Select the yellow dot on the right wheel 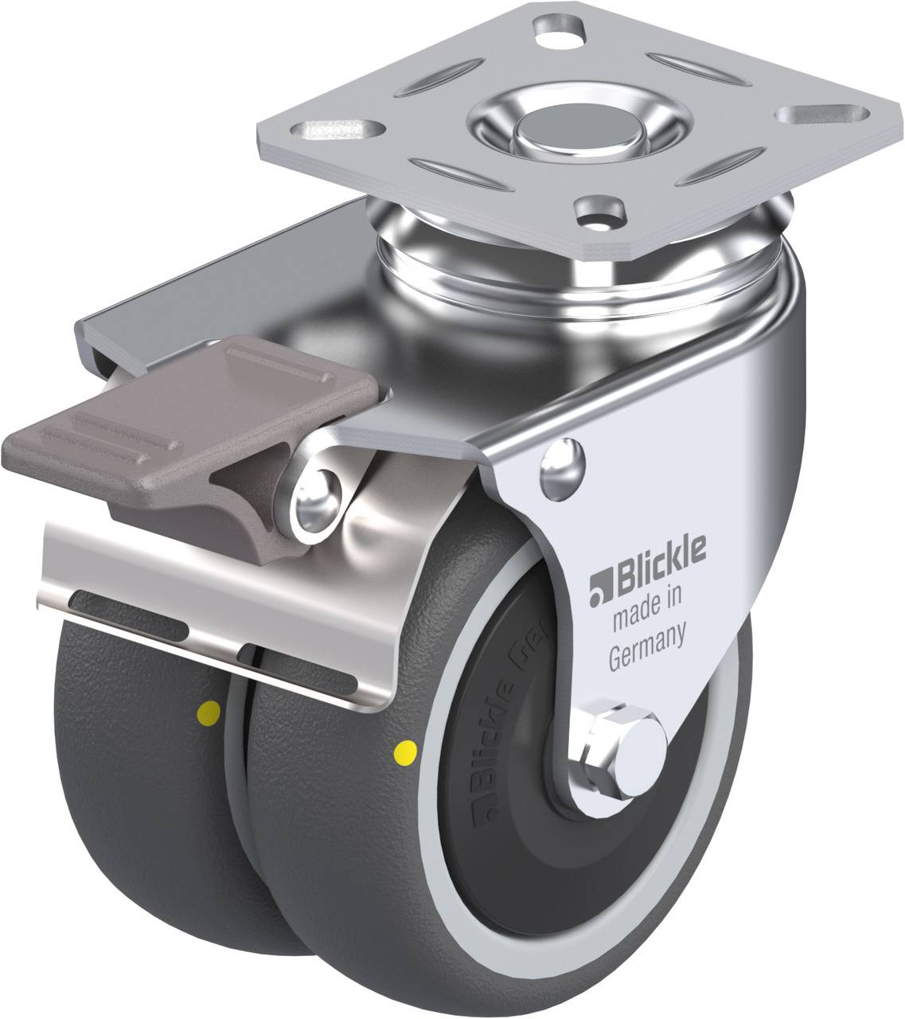tap(406, 749)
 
